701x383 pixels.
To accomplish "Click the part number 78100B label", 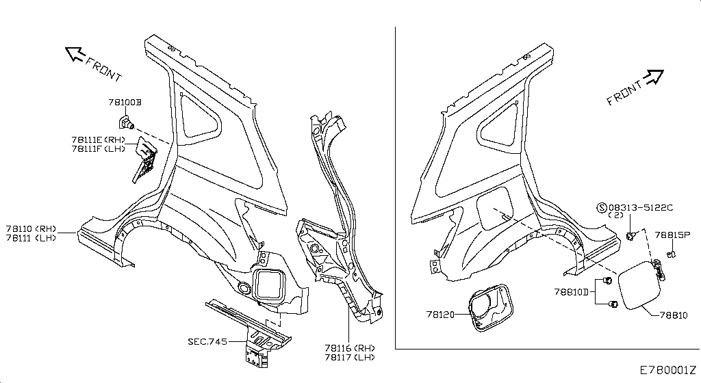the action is [x=125, y=102].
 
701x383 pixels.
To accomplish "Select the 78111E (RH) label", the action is [x=99, y=140].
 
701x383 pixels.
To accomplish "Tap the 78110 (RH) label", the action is [x=31, y=228].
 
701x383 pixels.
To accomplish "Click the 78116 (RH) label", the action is [x=350, y=347].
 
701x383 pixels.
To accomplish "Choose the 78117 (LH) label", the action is [x=350, y=357].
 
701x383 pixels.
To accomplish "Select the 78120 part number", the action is [x=440, y=315].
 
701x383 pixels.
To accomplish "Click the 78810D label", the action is [x=572, y=292].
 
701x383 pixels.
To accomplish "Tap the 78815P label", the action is [x=672, y=235].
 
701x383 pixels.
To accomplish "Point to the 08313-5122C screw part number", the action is [x=641, y=207].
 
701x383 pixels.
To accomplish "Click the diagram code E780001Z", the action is [x=668, y=370].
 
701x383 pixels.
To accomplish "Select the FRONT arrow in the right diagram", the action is [x=654, y=77].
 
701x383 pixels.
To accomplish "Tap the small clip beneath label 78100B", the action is [x=126, y=122].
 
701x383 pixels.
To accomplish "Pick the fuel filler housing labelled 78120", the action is [x=490, y=308].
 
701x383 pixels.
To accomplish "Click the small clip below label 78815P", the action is [x=671, y=254].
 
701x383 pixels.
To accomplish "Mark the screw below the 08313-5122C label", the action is [x=630, y=235].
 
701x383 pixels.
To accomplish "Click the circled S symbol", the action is [x=602, y=207].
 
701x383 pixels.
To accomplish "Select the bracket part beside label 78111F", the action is [x=144, y=159].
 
